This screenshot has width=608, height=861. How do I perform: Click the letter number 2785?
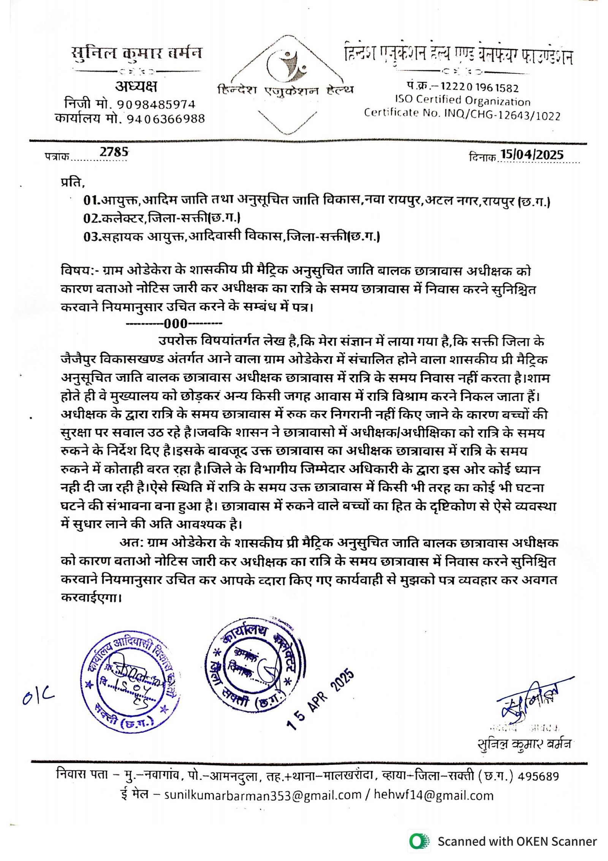114,152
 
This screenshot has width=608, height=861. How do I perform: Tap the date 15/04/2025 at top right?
532,154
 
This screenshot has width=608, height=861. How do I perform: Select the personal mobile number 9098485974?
156,104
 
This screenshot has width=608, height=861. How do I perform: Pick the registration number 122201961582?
479,88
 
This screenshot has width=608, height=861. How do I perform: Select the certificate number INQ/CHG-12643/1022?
502,115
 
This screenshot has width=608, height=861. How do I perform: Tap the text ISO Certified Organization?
462,101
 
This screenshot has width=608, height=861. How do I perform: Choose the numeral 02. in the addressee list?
92,218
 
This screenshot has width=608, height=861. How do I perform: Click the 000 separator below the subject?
175,324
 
